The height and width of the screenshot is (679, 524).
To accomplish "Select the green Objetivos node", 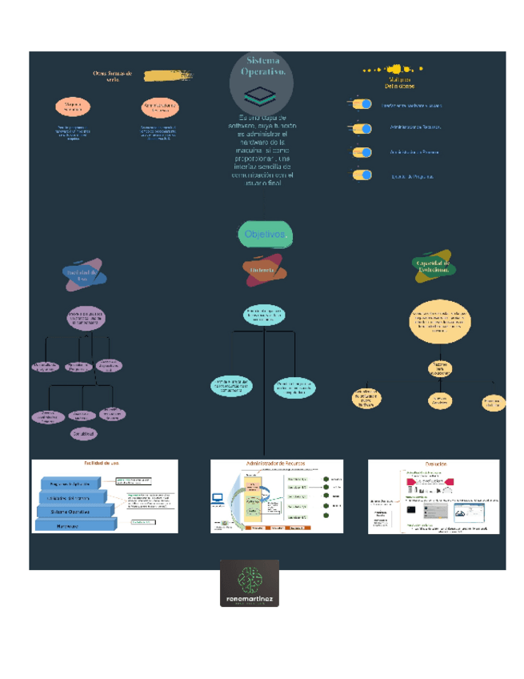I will click(265, 235).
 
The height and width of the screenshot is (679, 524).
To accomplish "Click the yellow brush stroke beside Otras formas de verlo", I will click(167, 74).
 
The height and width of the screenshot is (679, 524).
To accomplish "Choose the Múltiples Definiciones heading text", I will click(398, 82).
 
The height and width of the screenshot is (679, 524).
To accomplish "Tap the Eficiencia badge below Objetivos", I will click(264, 270).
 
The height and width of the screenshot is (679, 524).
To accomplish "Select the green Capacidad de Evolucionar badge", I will click(433, 267).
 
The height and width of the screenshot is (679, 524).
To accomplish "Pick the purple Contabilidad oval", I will click(83, 433).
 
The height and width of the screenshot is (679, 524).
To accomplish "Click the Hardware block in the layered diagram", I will click(74, 525).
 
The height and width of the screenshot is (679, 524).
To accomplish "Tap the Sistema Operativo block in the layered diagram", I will click(71, 511).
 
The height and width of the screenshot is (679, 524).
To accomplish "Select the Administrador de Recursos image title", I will click(277, 464).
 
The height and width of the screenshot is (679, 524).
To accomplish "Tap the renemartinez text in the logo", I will click(250, 597).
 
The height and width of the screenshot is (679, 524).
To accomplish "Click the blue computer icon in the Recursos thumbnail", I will click(217, 499).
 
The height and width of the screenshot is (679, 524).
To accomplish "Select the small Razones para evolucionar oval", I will click(440, 369).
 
